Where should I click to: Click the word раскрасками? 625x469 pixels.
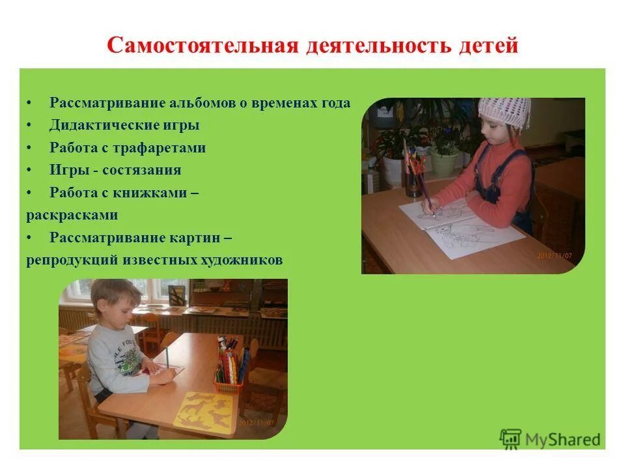[x=72, y=215]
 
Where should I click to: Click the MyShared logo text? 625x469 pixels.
[x=562, y=440]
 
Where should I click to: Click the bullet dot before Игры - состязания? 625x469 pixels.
[x=29, y=171]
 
